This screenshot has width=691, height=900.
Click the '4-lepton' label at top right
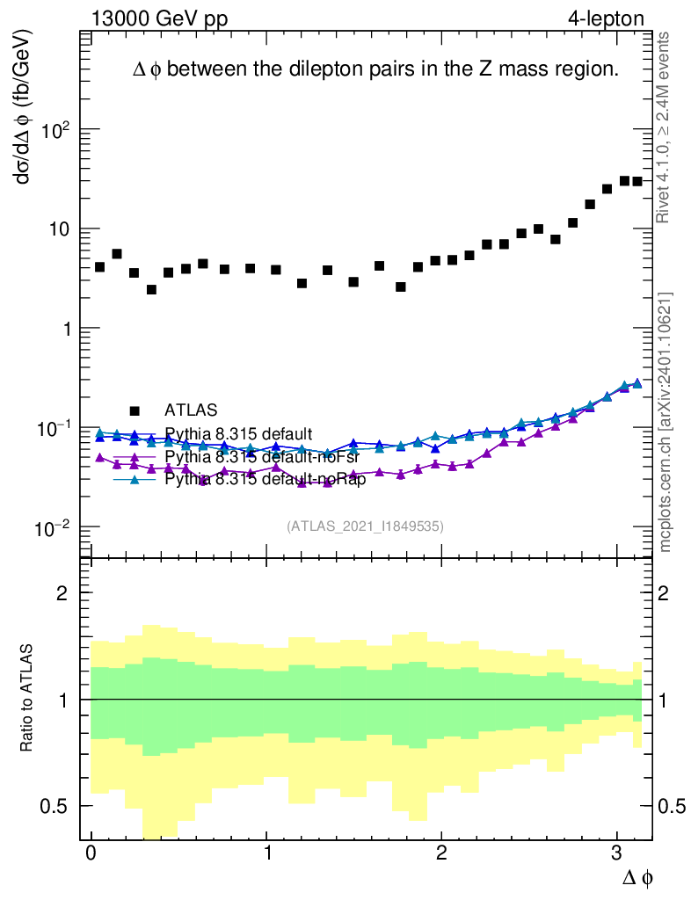(x=606, y=18)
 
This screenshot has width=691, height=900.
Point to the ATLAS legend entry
(x=189, y=410)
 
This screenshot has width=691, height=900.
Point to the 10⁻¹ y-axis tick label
(x=54, y=427)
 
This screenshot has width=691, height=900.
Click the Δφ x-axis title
(x=638, y=877)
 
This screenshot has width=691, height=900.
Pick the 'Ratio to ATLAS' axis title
(x=27, y=700)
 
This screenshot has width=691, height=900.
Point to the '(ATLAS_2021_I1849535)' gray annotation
(x=365, y=526)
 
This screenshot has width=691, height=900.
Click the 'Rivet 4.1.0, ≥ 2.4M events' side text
(x=666, y=128)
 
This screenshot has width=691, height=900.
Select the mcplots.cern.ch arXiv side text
(x=666, y=422)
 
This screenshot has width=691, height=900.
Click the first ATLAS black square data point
(x=99, y=266)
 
